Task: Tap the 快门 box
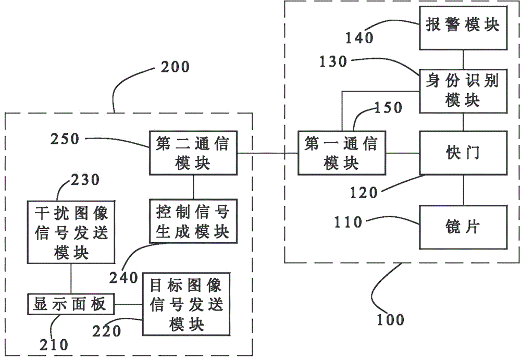[x=463, y=152]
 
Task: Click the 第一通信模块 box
[x=341, y=153]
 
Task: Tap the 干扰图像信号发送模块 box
[x=71, y=232]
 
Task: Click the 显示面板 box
[x=71, y=304]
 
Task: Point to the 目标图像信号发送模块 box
[x=186, y=305]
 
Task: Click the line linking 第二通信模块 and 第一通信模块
[x=267, y=153]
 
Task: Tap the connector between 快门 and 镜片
[x=463, y=190]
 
